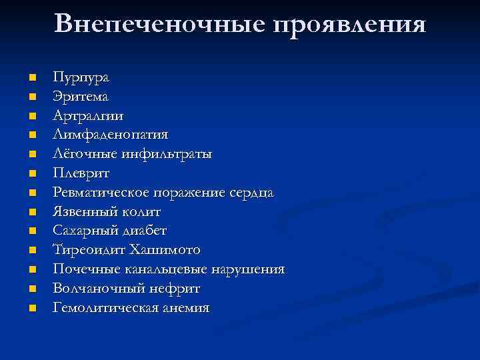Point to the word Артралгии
88,116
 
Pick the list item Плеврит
82,173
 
